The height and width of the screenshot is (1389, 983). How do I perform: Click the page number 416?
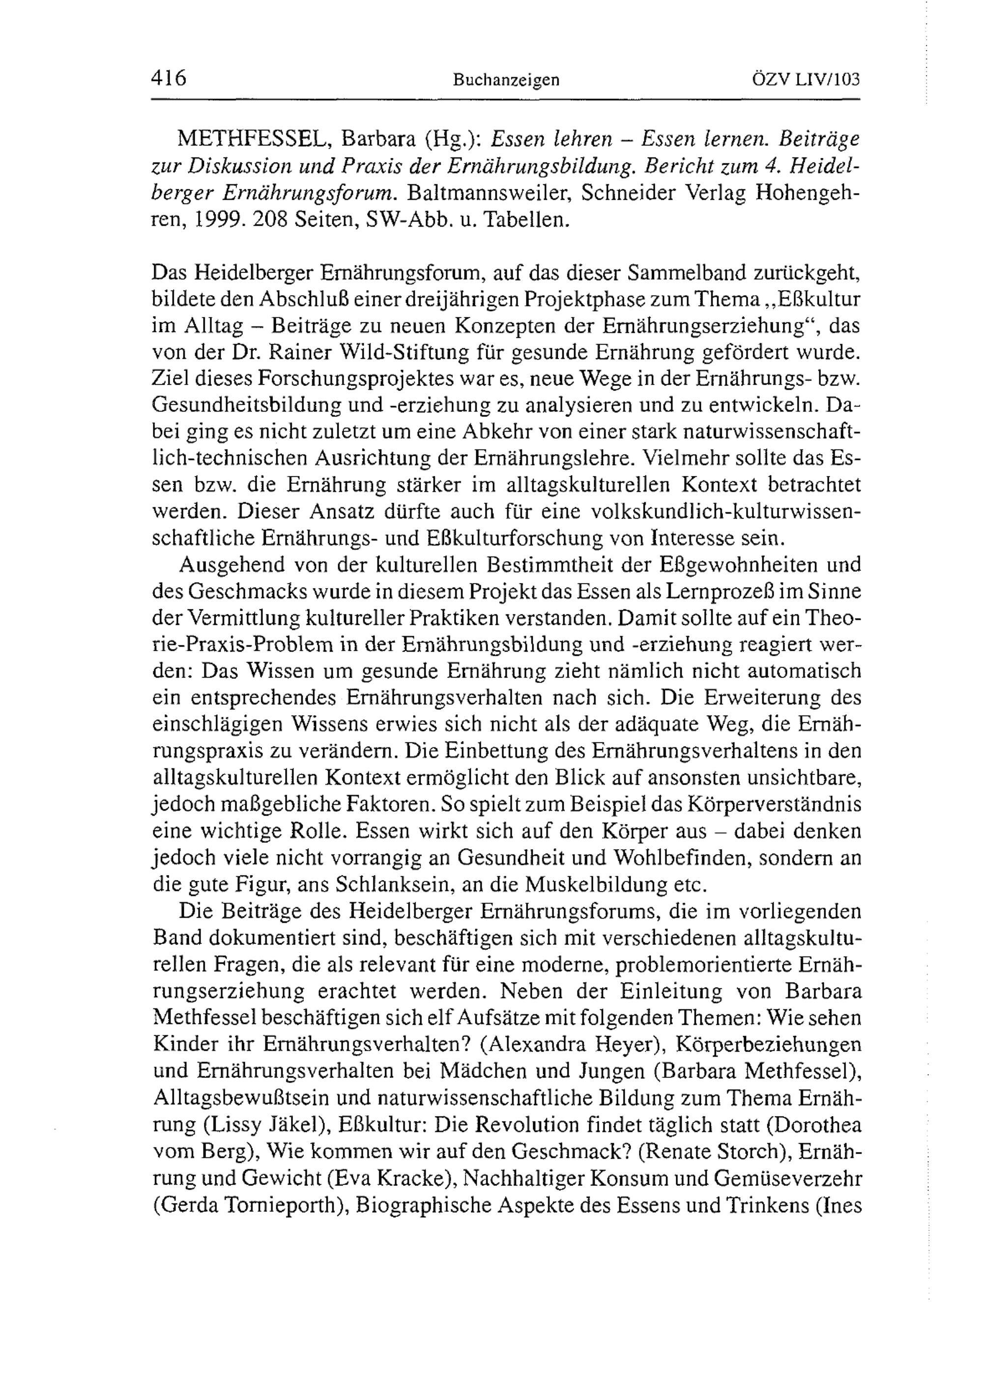pyautogui.click(x=169, y=79)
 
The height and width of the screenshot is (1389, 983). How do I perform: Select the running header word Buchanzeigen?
pyautogui.click(x=506, y=81)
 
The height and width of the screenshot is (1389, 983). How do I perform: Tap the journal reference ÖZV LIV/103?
pyautogui.click(x=803, y=80)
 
